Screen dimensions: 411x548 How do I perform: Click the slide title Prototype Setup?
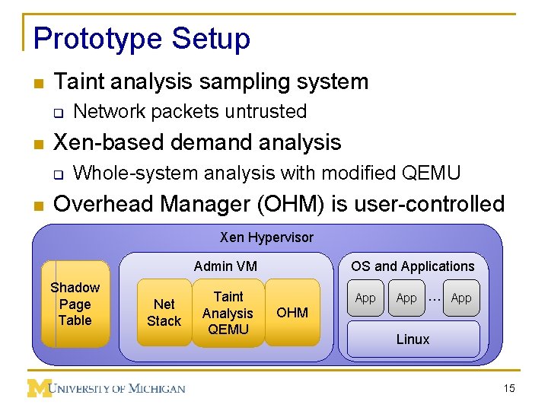click(142, 39)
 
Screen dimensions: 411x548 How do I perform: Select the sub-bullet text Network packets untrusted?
click(190, 111)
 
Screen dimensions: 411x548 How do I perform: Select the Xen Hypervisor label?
click(266, 237)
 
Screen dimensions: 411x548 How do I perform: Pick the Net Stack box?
click(164, 312)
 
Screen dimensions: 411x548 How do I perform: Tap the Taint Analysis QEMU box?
click(228, 312)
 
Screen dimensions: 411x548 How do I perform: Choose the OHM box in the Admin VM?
click(292, 312)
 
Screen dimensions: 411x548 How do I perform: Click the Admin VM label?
click(225, 266)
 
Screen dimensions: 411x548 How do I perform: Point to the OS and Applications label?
click(413, 266)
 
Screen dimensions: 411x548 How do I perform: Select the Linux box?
click(413, 339)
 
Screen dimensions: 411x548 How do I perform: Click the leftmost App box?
click(365, 298)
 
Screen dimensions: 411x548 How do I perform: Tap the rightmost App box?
click(461, 298)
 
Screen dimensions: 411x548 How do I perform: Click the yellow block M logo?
click(39, 388)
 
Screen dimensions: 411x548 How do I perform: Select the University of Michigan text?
click(119, 389)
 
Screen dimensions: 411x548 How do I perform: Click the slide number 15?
click(509, 389)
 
